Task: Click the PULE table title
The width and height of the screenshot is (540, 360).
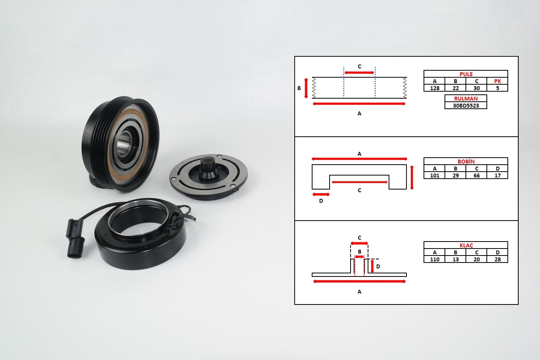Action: [x=466, y=74]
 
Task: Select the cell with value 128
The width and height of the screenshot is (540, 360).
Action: [x=434, y=88]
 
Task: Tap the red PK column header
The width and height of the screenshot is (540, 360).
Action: [x=497, y=81]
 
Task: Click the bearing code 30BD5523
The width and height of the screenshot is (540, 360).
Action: [x=466, y=105]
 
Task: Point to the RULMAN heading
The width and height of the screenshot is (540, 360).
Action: [x=466, y=98]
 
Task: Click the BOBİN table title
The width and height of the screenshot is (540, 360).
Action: [x=466, y=161]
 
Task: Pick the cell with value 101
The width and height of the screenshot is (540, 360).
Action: [x=434, y=175]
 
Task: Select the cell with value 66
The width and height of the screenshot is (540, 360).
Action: [x=476, y=175]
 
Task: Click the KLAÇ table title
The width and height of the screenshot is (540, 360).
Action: [x=466, y=245]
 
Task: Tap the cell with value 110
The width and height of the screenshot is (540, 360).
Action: [x=434, y=259]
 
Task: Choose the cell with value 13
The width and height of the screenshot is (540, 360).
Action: [x=455, y=259]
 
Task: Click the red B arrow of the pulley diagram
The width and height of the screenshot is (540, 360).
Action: [x=306, y=88]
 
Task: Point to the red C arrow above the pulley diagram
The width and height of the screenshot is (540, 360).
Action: [x=359, y=72]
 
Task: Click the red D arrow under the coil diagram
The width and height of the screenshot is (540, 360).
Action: [x=321, y=194]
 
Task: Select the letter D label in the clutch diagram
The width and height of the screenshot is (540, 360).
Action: [x=378, y=266]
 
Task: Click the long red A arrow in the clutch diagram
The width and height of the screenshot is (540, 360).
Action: [x=359, y=282]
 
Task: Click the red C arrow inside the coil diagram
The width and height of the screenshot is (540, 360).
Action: [x=359, y=182]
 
